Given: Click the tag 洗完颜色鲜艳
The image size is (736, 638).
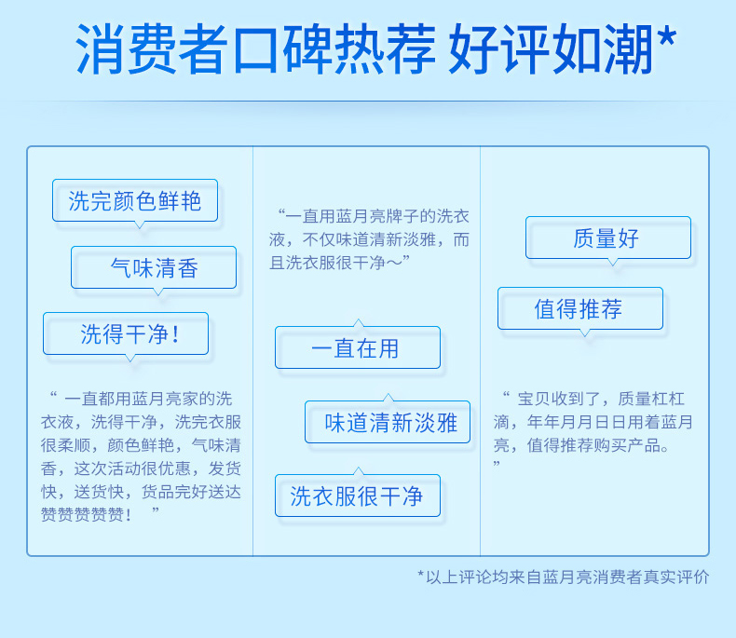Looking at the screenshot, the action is tap(135, 200).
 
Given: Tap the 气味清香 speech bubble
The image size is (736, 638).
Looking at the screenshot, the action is tap(154, 267).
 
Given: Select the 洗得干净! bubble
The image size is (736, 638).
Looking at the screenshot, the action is tap(126, 333).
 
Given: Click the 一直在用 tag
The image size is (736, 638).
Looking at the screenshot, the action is tap(358, 347).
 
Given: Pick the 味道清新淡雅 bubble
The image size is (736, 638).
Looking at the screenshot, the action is tap(388, 422).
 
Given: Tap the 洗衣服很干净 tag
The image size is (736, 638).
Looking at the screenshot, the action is tap(358, 495).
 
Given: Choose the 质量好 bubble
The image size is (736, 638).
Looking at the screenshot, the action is tap(608, 238).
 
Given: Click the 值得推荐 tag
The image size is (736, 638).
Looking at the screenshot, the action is tap(580, 308).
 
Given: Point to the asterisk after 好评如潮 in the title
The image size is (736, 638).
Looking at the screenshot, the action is tap(666, 36).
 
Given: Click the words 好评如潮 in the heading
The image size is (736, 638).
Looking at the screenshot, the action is tap(551, 48).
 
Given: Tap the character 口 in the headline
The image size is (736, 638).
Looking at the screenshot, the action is tap(255, 49).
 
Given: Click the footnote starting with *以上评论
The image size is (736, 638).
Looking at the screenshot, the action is tap(564, 577).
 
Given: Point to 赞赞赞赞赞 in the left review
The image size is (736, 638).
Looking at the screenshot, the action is tap(83, 515).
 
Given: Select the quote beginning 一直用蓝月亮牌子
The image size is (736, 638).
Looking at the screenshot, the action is tap(369, 239).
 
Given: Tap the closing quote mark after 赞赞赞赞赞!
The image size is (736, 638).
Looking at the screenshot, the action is tap(156, 509).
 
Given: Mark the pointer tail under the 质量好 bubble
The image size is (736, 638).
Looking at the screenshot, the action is tap(612, 262).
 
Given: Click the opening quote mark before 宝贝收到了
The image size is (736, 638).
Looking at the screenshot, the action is tap(506, 395).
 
